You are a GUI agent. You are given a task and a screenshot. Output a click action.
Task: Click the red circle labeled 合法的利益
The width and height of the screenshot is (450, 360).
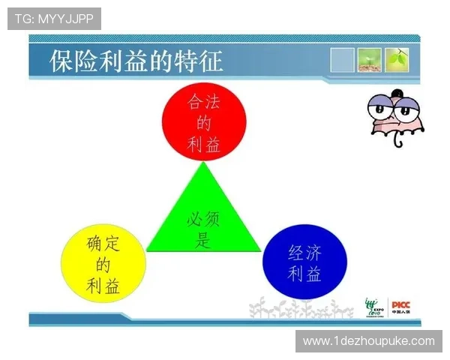203,121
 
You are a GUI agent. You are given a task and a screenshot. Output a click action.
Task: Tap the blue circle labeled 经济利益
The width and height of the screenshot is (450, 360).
304,262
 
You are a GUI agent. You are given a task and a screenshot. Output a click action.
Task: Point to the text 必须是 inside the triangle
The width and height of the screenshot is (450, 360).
203,229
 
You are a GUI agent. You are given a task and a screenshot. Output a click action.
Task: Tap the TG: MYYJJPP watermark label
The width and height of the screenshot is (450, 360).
54,19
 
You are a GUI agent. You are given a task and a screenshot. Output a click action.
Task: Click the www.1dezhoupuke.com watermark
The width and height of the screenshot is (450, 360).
368,341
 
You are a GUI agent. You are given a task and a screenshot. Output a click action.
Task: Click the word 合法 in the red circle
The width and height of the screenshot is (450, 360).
203,101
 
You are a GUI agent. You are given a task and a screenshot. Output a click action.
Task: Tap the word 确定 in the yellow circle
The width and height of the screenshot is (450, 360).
103,242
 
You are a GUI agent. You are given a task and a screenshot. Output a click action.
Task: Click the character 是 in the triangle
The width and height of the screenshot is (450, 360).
203,241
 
